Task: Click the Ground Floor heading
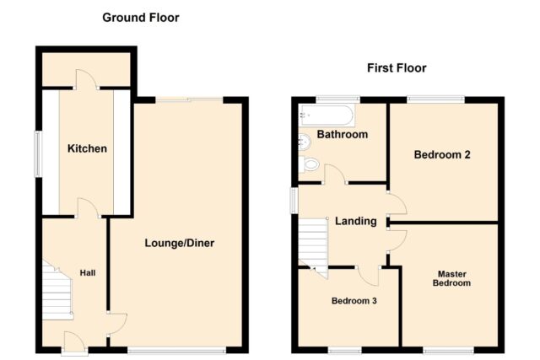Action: tap(141, 18)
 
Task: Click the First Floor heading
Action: tap(397, 67)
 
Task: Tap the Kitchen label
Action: tap(87, 148)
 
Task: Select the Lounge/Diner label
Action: tap(180, 243)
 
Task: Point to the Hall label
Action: tap(88, 273)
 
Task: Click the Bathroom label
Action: tap(343, 134)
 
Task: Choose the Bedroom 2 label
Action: tap(442, 154)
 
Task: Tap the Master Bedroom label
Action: tap(452, 278)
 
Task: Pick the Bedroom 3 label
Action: tap(354, 301)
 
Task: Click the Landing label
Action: tap(356, 221)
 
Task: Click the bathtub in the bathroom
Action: tap(327, 115)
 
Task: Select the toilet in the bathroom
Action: tap(307, 164)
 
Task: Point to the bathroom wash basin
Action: tap(305, 141)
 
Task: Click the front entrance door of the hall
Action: tap(74, 342)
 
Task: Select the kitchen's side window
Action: tap(37, 153)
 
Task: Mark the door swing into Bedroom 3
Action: tap(368, 276)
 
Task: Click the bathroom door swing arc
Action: tap(335, 174)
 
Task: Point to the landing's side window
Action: tap(294, 201)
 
